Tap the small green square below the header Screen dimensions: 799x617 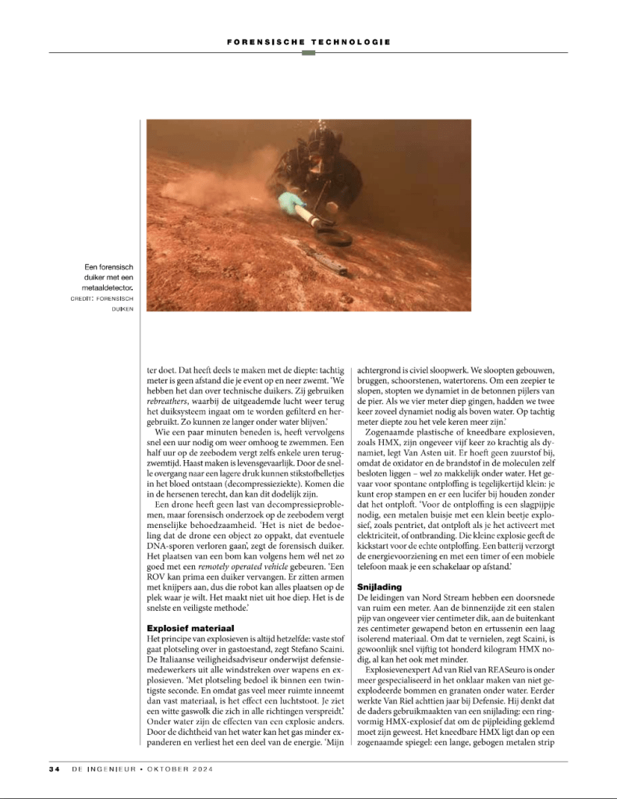tap(308, 53)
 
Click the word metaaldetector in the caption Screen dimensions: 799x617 tap(106, 287)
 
